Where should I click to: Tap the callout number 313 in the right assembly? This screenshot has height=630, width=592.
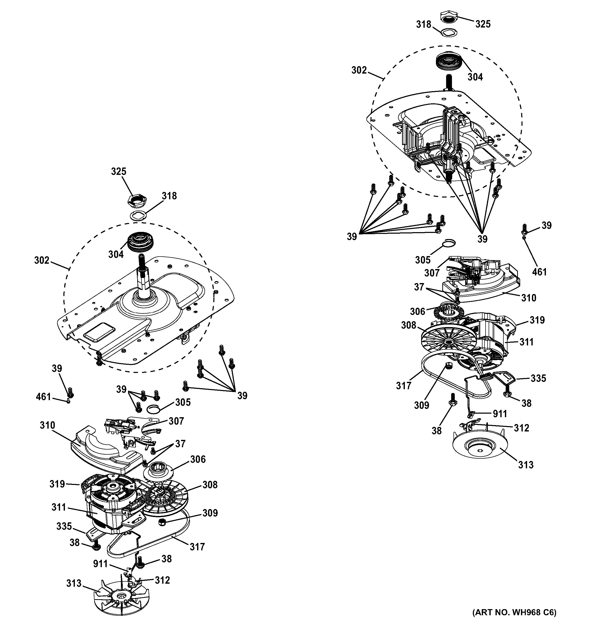pos(526,465)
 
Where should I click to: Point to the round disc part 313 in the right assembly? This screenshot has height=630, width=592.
pos(480,447)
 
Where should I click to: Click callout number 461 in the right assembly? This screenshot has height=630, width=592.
pos(539,272)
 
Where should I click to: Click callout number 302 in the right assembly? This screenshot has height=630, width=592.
pos(359,70)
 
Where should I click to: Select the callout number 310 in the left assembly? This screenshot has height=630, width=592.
pos(48,425)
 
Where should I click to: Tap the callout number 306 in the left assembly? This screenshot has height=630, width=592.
pos(198,459)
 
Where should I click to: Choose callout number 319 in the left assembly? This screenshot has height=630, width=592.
pos(57,484)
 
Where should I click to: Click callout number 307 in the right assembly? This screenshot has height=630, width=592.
pos(432,273)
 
